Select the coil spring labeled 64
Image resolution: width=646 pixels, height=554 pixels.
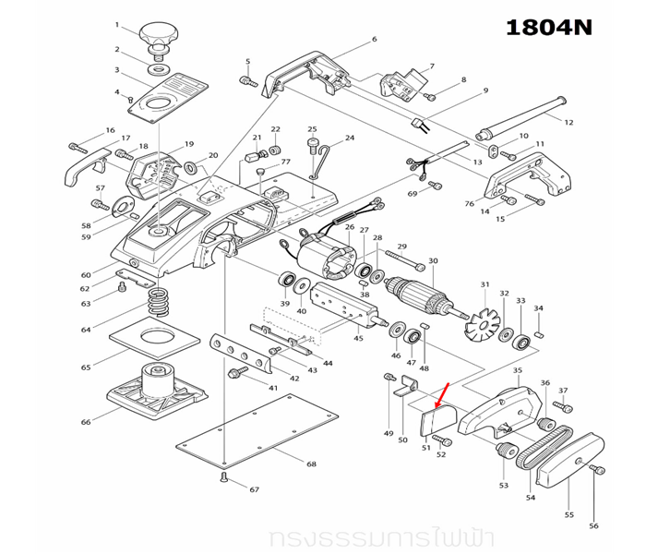pos(161,301)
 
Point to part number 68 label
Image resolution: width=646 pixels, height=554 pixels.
pos(311,463)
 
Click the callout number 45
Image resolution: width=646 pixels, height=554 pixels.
pos(358,338)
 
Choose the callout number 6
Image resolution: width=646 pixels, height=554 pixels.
pos(374,40)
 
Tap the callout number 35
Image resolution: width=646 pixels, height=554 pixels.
pos(517,371)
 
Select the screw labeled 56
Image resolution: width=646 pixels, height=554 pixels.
pos(596,472)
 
